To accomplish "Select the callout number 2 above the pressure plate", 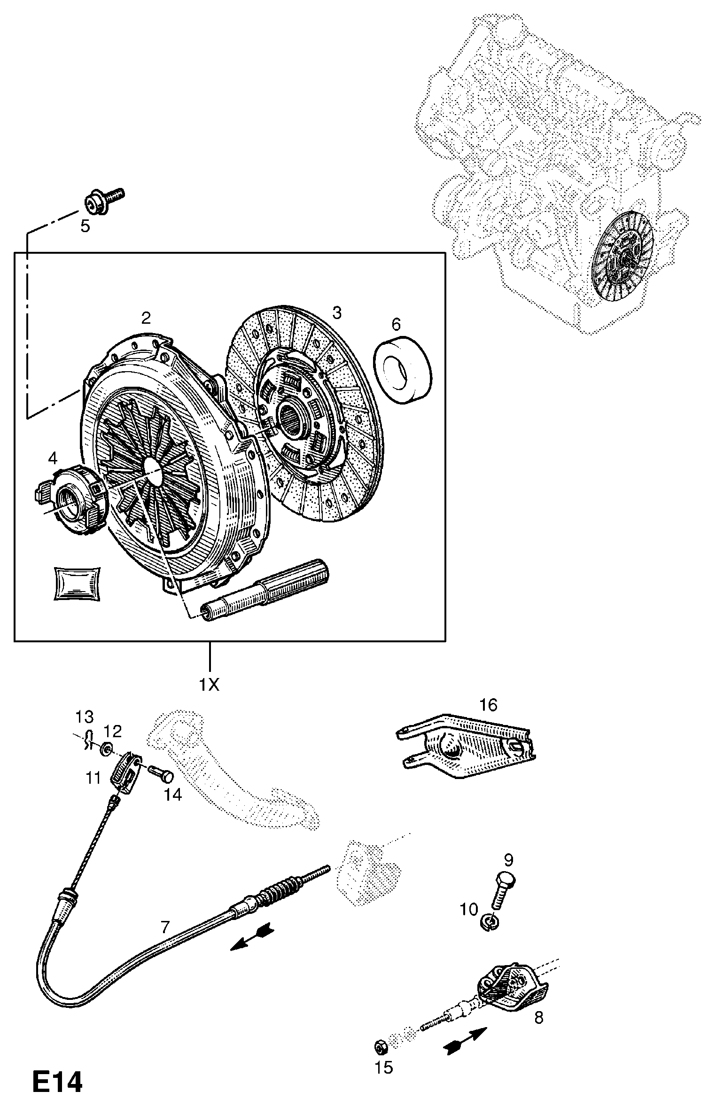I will [146, 318].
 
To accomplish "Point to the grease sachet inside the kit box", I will [76, 584].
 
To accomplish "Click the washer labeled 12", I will [107, 748].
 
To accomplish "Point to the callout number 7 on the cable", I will [164, 927].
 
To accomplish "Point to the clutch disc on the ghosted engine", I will [623, 256].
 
